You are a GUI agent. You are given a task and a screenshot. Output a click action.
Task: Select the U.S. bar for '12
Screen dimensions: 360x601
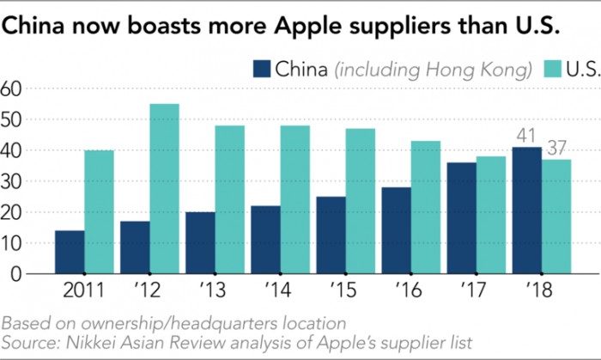click(x=164, y=189)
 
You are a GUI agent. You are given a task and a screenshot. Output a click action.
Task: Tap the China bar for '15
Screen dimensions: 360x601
click(x=331, y=235)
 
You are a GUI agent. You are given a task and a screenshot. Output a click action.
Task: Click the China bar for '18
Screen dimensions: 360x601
click(x=526, y=211)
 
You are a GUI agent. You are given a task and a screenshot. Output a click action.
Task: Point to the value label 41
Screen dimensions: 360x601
click(x=525, y=136)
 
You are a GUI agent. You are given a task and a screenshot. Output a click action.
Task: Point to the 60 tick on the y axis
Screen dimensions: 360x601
click(x=11, y=88)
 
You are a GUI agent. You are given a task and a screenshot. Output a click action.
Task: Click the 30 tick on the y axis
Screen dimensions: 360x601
click(x=11, y=180)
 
